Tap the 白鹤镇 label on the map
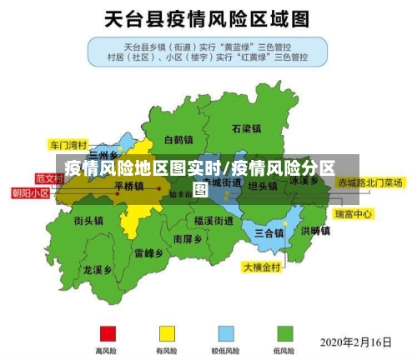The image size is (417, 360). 179,139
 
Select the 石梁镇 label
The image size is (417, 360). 247,128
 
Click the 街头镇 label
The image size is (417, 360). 88,221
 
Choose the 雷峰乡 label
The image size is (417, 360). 148,252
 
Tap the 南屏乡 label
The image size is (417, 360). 188,238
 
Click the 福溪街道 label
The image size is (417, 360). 214,220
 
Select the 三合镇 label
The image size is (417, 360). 269,232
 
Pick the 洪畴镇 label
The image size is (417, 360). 316,230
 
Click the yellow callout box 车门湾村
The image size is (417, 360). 68,142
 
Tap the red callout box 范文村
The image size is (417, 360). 50,178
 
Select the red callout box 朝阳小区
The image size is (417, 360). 30,192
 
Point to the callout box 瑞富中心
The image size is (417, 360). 354,214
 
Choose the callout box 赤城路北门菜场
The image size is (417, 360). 370,182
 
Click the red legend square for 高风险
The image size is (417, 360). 106,333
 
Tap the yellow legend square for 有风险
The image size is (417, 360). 167,333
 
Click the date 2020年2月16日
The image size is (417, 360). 356,342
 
